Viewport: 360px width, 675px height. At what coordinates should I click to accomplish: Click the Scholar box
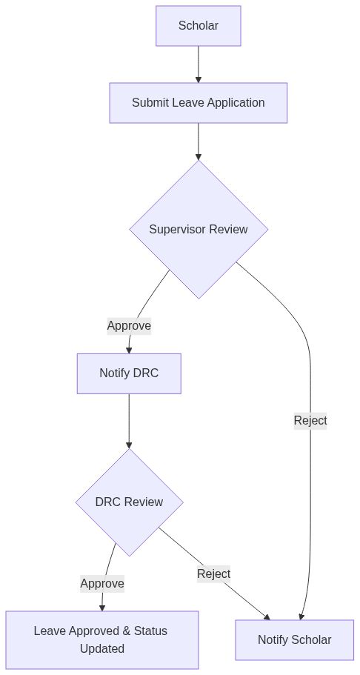coord(198,26)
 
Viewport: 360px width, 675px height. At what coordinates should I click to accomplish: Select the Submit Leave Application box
coord(198,103)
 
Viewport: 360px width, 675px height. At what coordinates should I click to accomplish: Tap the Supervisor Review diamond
coord(198,229)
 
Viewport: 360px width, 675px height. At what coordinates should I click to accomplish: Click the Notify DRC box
coord(129,373)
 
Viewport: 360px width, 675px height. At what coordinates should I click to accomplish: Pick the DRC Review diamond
coord(129,502)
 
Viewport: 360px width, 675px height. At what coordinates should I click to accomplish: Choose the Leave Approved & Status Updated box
coord(101,639)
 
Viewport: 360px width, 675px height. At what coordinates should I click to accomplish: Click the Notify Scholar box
coord(294,639)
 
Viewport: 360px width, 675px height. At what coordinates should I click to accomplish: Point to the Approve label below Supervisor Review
coord(129,326)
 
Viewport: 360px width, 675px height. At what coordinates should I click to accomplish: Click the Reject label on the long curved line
coord(310,421)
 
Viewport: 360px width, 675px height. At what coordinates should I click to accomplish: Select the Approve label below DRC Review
coord(102,584)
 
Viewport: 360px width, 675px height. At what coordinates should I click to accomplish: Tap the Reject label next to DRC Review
coord(213,573)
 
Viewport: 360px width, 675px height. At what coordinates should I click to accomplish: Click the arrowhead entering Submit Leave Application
coord(198,79)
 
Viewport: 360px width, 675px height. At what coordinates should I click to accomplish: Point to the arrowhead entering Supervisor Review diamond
coord(198,156)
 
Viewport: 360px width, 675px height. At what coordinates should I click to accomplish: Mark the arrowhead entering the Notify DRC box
coord(129,350)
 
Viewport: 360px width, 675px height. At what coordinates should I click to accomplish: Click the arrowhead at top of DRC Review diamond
coord(129,445)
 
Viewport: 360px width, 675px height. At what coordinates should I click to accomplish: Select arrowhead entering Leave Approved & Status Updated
coord(102,607)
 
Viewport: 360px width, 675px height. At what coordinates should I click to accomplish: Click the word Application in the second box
coord(236,103)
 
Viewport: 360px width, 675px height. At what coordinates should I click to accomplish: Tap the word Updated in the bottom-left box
coord(101,649)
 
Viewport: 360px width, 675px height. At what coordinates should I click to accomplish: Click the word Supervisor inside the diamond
coord(178,229)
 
